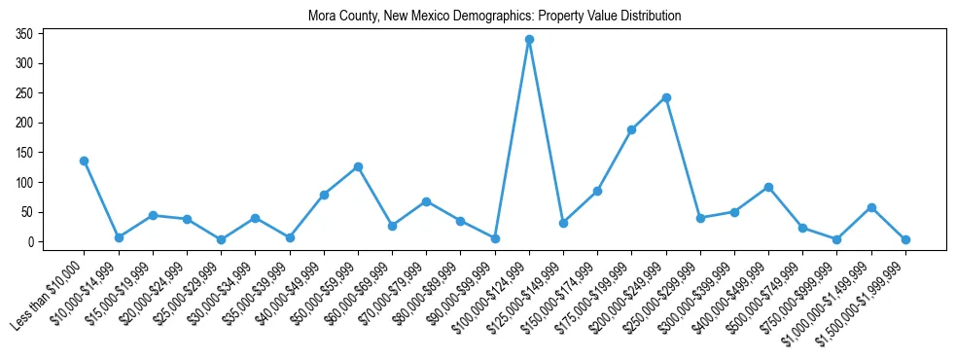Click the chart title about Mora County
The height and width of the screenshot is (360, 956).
(494, 17)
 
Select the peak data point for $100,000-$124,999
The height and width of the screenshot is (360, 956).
(529, 40)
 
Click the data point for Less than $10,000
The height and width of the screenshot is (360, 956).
(85, 161)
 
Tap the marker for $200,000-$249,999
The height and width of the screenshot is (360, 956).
(666, 97)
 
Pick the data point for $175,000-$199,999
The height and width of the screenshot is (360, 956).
(632, 129)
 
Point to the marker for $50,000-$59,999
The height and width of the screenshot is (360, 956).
(358, 166)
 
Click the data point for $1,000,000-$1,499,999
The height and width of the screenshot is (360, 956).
(871, 207)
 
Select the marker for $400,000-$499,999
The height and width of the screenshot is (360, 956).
(768, 187)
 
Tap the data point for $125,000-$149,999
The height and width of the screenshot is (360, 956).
(563, 223)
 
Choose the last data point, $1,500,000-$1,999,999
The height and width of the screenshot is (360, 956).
(905, 239)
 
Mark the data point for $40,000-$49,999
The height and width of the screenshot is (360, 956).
(324, 195)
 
